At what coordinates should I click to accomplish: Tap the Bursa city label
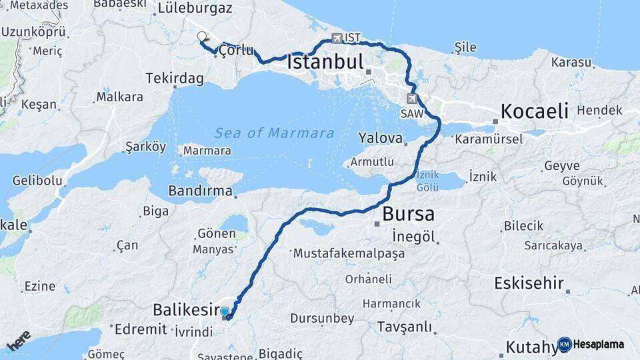coord(408,214)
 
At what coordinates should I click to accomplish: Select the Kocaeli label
coord(535,111)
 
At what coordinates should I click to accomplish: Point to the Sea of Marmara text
coord(274,133)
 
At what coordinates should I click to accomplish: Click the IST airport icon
coord(337,38)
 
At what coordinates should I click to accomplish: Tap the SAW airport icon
coord(413,99)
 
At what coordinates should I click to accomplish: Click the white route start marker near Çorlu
coord(202,37)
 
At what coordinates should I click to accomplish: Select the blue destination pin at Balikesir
coord(225,312)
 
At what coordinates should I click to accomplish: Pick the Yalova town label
coord(380,139)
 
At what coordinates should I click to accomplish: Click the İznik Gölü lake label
coord(427,181)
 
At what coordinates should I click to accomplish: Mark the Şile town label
coord(465,47)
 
